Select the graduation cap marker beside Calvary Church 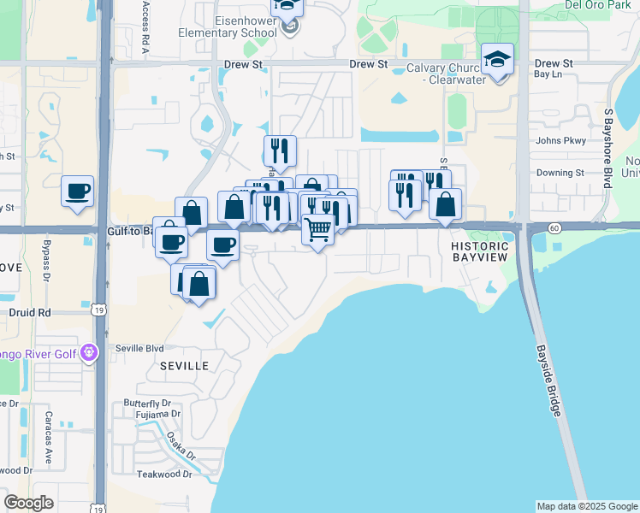click(497, 60)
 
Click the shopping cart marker click(318, 229)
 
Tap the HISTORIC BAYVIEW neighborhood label click(480, 251)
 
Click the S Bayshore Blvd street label click(608, 148)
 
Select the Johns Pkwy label click(560, 140)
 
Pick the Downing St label click(560, 173)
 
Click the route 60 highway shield click(554, 227)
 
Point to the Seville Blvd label click(139, 348)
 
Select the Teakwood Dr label click(164, 474)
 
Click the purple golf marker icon click(89, 352)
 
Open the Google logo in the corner click(28, 503)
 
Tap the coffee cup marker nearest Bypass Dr click(78, 191)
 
